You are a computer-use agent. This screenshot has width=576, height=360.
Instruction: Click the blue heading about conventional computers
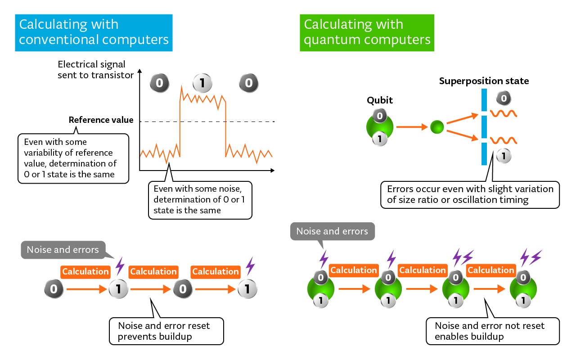point(94,32)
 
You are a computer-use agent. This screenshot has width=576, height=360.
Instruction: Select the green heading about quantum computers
point(367,32)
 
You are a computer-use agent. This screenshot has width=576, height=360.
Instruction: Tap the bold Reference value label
point(101,120)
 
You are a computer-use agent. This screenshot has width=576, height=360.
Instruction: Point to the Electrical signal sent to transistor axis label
point(95,70)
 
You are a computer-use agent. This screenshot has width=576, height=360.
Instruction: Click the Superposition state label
point(484,81)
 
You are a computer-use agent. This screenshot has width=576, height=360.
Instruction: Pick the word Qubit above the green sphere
point(379,100)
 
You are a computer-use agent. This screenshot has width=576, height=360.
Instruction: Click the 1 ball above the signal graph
point(202,83)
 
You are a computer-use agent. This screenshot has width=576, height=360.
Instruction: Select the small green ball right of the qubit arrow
point(437,127)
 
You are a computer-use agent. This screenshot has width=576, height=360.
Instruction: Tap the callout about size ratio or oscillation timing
point(470,194)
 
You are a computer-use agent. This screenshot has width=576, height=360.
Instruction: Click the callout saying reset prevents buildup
point(166,331)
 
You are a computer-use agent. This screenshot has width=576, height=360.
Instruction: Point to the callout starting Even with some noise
point(200,199)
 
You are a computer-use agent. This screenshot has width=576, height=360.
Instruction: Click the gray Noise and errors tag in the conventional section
point(63,250)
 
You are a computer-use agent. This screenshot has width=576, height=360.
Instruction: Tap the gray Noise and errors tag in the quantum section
point(332,232)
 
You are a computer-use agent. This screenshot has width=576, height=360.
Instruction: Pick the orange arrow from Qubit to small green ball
point(411,127)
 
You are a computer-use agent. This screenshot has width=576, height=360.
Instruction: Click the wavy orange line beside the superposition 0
point(503,113)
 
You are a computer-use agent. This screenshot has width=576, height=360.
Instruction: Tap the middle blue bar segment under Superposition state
point(484,127)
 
